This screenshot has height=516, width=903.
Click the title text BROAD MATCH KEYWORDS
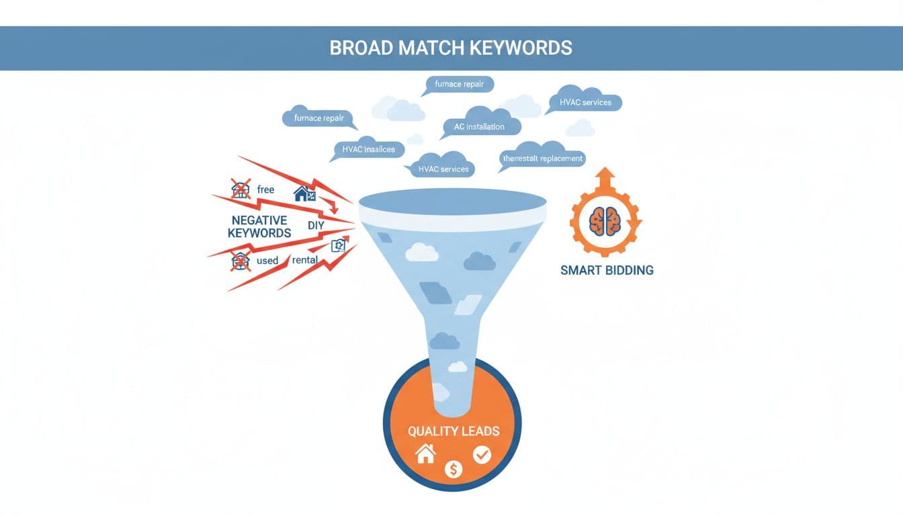coord(451,48)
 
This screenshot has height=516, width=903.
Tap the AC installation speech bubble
coord(479,126)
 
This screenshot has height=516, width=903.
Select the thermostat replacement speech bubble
coord(543,159)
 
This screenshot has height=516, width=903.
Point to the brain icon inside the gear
coord(605,220)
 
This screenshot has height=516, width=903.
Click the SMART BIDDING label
coord(607,270)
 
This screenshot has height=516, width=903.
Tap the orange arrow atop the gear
coord(605,178)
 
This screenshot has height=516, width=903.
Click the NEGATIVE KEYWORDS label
coord(259,226)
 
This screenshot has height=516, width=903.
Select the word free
coord(265,189)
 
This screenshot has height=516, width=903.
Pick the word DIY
coord(316,226)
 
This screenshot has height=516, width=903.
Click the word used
coord(267,260)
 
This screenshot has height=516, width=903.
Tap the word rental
coord(305,260)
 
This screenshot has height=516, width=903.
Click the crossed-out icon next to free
coord(241,189)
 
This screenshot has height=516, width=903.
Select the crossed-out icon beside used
coord(240,260)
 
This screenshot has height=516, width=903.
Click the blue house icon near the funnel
coord(304,194)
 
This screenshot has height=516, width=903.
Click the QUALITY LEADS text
coord(454,431)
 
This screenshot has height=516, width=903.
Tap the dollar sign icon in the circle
coord(454,470)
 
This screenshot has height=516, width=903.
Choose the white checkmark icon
coord(482,455)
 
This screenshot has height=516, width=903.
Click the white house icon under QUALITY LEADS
coord(425,454)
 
